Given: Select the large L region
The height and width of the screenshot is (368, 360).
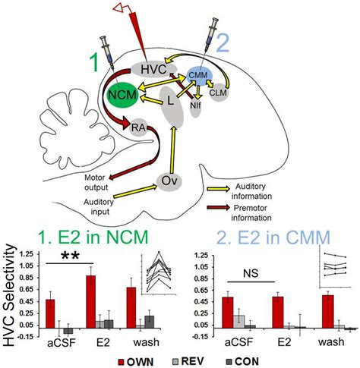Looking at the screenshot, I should point(171,102).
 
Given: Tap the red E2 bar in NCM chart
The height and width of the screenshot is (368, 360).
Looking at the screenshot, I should point(91,302).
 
